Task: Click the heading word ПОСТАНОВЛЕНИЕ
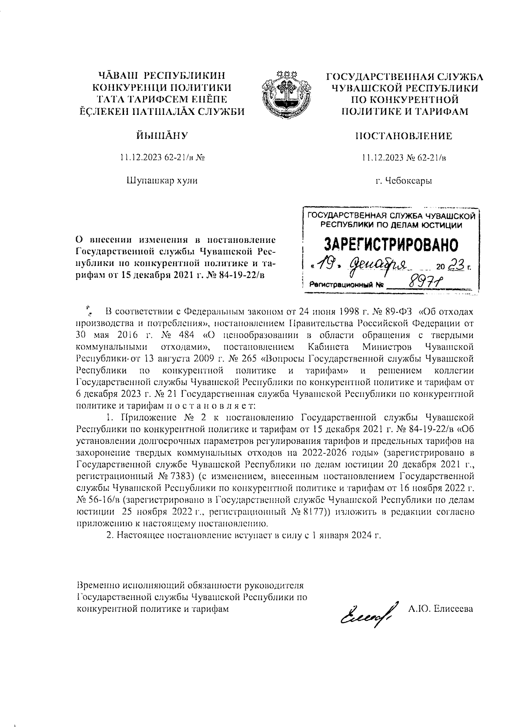pos(404,136)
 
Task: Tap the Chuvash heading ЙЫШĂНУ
pos(162,135)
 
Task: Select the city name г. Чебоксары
pos(404,181)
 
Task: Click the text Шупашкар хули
pos(162,180)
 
